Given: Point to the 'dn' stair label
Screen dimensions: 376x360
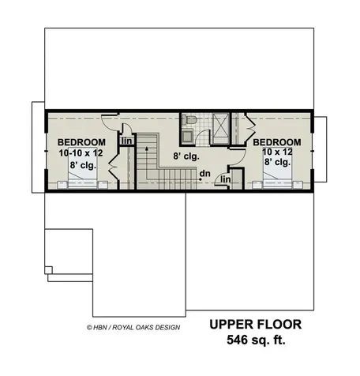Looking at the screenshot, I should pos(204,174).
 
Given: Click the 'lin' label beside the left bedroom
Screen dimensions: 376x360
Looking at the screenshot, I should pos(126,142).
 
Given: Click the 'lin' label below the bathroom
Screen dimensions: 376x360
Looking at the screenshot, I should pos(225,180).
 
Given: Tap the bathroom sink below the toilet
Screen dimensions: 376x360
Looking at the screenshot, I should pos(190,137).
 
